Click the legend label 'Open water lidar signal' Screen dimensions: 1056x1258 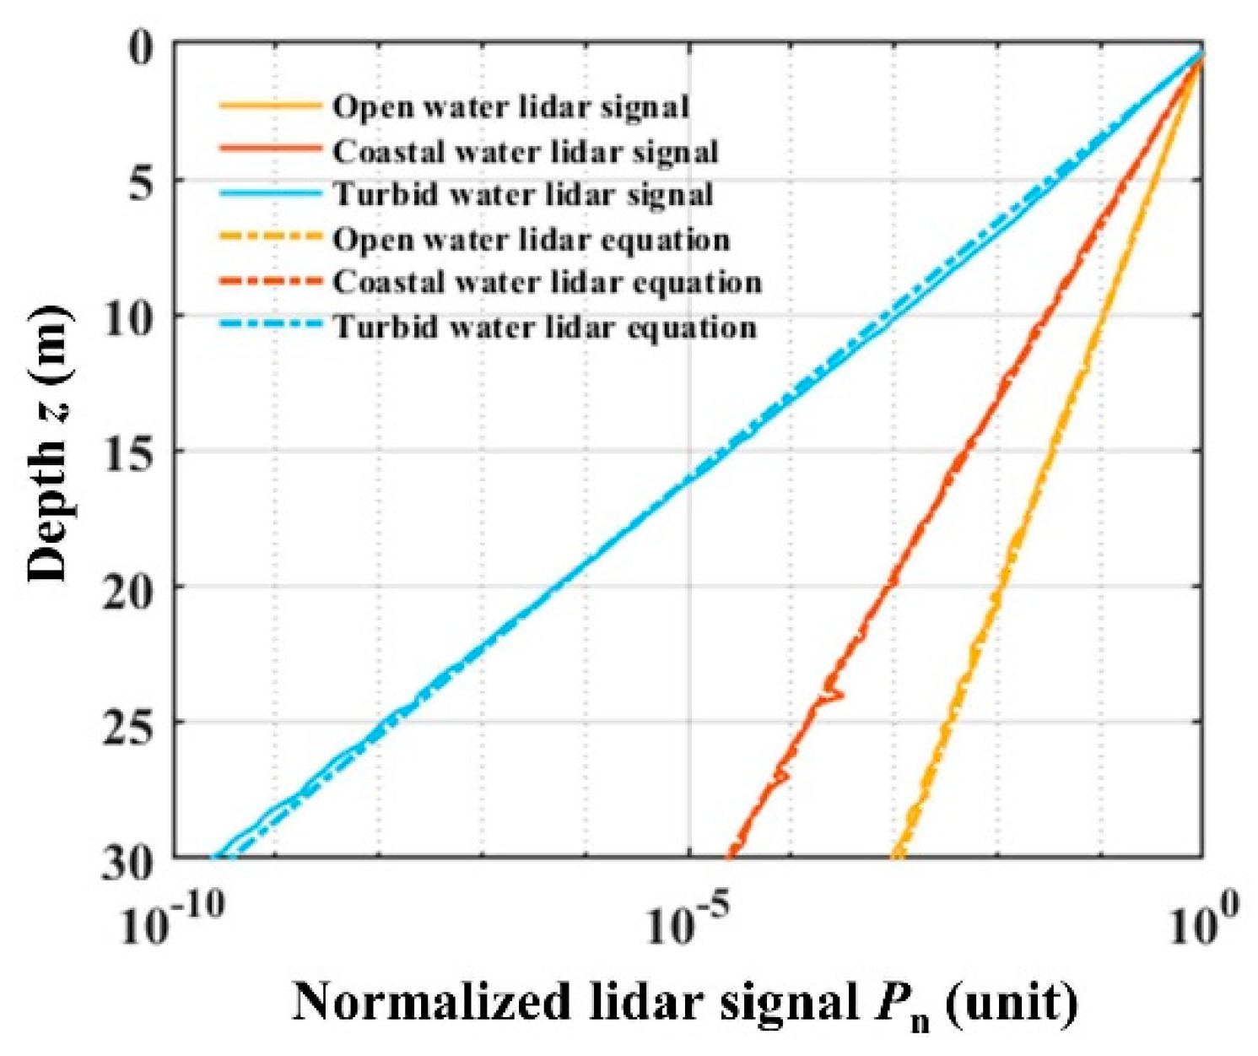coord(510,107)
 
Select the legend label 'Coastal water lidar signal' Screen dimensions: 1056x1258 coord(525,152)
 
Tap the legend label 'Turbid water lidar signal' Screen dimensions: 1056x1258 coord(523,195)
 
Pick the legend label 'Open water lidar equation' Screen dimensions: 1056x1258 coord(531,240)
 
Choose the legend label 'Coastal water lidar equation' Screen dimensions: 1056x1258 coord(547,282)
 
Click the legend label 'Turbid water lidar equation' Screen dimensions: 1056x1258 coord(545,327)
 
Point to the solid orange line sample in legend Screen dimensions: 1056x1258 coord(270,106)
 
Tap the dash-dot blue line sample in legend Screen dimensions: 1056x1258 coord(270,326)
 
